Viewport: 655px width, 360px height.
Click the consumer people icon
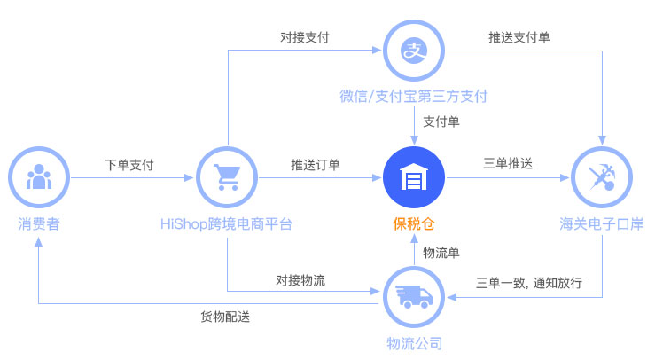click(x=39, y=177)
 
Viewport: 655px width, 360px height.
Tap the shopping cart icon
click(x=227, y=177)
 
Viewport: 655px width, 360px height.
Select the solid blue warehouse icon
click(x=414, y=177)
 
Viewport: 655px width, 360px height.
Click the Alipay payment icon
click(x=414, y=51)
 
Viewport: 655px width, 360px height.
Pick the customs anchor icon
click(x=602, y=177)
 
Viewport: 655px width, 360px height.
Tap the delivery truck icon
click(x=414, y=297)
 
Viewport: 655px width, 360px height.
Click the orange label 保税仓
click(x=414, y=224)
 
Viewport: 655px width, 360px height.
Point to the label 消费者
click(x=39, y=224)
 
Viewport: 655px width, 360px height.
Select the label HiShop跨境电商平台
click(x=226, y=224)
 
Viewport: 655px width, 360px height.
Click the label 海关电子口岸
click(x=602, y=224)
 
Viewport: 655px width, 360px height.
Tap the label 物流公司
click(x=415, y=344)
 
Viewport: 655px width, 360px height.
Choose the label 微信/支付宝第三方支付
click(x=414, y=97)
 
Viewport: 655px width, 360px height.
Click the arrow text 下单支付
click(x=129, y=165)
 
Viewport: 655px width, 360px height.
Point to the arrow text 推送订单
click(x=316, y=165)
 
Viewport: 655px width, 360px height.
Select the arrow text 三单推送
click(x=508, y=163)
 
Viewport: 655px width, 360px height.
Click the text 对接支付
click(x=305, y=37)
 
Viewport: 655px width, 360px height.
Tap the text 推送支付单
click(x=519, y=37)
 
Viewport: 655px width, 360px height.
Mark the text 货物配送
click(x=225, y=317)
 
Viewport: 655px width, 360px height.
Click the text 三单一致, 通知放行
click(x=529, y=283)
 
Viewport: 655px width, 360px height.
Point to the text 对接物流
click(x=300, y=280)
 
